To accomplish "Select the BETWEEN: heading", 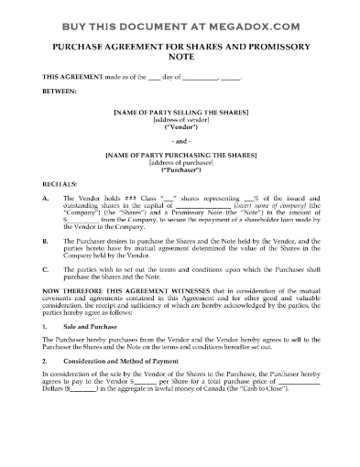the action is pyautogui.click(x=60, y=92).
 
